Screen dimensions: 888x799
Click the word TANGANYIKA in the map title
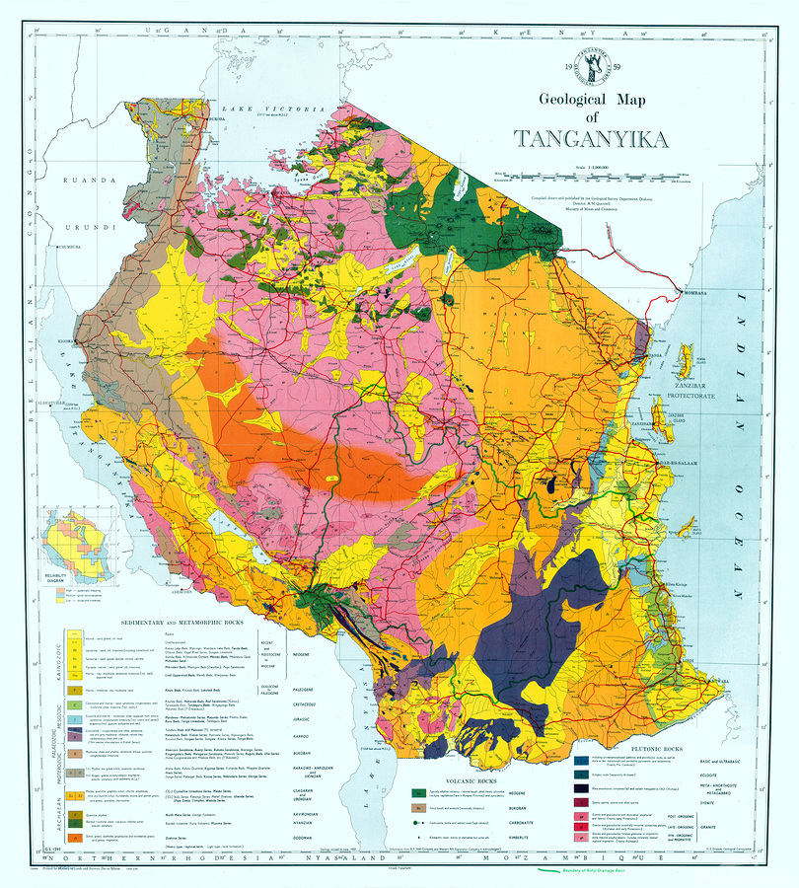tap(605, 139)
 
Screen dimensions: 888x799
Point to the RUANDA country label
tap(84, 181)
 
